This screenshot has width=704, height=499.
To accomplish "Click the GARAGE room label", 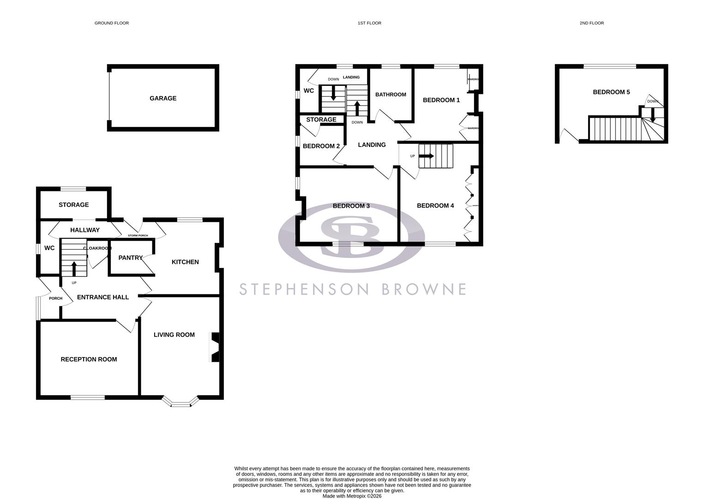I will pos(162,98).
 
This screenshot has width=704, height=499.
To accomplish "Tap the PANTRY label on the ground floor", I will pos(130,258).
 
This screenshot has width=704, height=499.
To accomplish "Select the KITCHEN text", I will pos(185,262).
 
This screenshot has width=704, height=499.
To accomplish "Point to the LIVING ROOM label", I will pos(174,335).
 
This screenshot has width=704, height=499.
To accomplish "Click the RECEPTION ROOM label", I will pos(89,359).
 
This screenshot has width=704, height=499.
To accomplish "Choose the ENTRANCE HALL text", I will pos(102,298).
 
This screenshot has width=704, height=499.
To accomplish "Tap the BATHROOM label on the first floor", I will pos(391,95).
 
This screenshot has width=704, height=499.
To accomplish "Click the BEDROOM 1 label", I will pos(441,100).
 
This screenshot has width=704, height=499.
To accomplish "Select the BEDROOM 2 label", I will pos(321,146).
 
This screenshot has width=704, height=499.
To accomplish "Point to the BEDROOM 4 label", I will pos(435,206).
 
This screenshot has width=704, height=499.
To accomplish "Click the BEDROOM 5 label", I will pos(611,92).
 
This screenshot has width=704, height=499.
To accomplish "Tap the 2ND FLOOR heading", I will pos(591,23).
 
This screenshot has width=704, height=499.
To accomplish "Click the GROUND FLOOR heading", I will pos(112,23).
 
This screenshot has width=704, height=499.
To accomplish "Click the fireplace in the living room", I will pos(215,347).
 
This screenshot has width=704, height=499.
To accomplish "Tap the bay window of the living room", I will pos(181,403).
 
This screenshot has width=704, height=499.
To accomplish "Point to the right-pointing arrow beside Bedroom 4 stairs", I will pos(427,156).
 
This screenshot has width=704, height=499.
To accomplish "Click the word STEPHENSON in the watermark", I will pos(304,289).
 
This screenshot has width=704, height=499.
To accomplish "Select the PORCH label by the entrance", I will pos(55,298).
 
